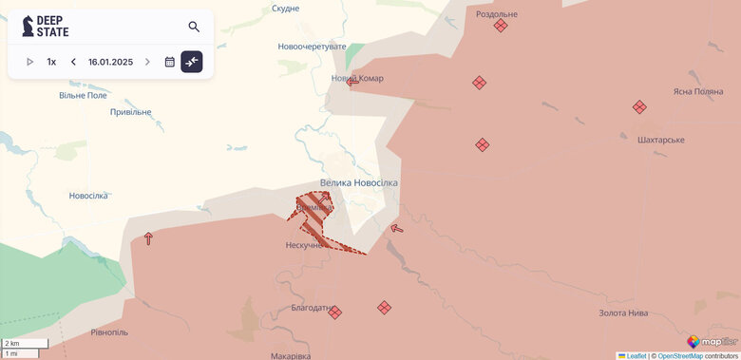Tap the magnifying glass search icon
pyautogui.click(x=194, y=27)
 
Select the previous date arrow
pyautogui.click(x=73, y=62)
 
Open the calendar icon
pyautogui.click(x=169, y=62)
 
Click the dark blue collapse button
pyautogui.click(x=192, y=62)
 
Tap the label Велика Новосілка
pyautogui.click(x=359, y=182)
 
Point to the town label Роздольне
pyautogui.click(x=497, y=14)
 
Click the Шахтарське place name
pyautogui.click(x=661, y=140)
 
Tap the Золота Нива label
pyautogui.click(x=623, y=313)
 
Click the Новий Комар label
pyautogui.click(x=357, y=78)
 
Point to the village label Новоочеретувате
pyautogui.click(x=312, y=47)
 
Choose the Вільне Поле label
pyautogui.click(x=84, y=95)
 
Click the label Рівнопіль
pyautogui.click(x=109, y=332)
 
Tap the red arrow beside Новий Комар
pyautogui.click(x=352, y=82)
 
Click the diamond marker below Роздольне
pyautogui.click(x=501, y=26)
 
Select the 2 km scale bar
pyautogui.click(x=24, y=343)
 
